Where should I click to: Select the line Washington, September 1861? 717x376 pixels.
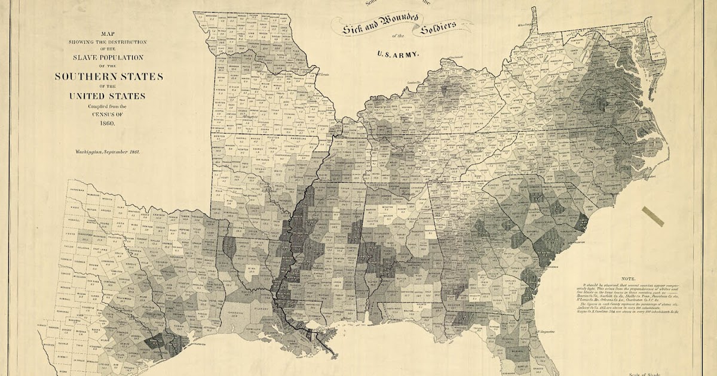107,152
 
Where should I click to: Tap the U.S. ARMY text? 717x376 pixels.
398,54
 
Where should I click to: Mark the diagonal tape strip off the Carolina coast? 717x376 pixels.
652,216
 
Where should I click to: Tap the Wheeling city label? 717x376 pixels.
526,26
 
